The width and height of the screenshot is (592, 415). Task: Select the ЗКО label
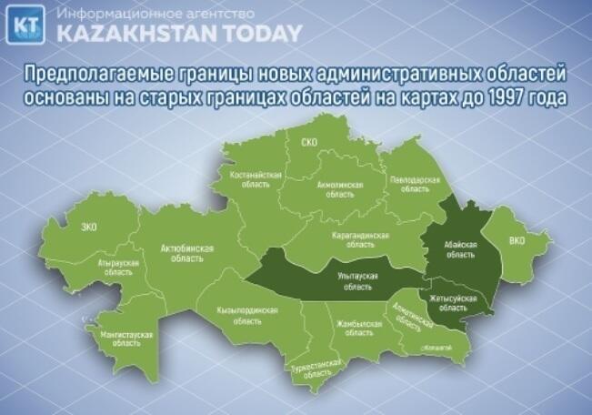[89, 226]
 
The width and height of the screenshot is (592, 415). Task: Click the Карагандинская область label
[360, 239]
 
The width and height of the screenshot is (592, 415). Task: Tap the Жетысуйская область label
[452, 302]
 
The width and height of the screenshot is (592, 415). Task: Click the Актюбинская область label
[186, 252]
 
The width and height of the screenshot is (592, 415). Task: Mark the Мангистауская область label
[123, 340]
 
